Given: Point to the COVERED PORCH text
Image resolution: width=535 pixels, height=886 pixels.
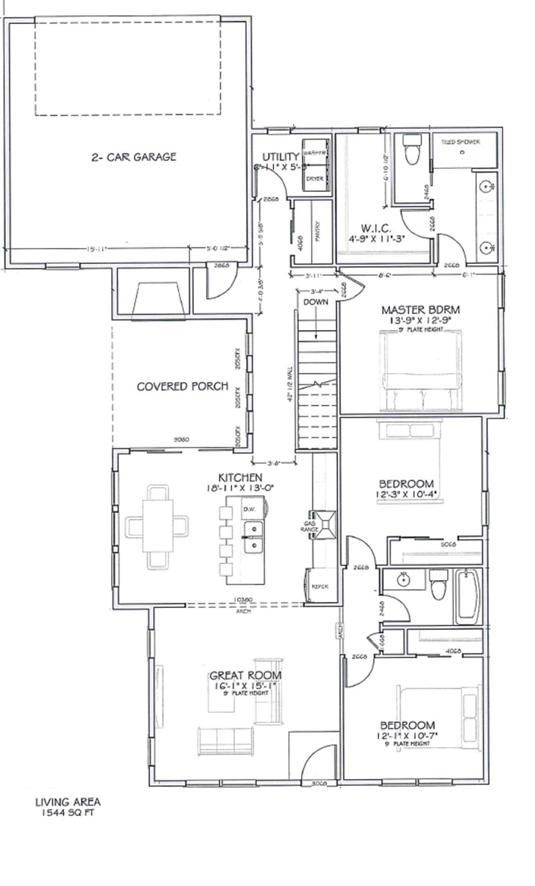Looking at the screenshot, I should (x=183, y=386).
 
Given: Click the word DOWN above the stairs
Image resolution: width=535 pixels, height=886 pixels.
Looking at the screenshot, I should (x=314, y=302).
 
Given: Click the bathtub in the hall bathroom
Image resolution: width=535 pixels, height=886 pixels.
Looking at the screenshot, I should (x=467, y=596).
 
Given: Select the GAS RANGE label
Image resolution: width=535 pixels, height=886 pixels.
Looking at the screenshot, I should (x=310, y=527).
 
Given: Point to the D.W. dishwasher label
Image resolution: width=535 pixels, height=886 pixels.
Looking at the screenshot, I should (x=250, y=510).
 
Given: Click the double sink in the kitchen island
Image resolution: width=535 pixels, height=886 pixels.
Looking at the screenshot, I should (x=253, y=537).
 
